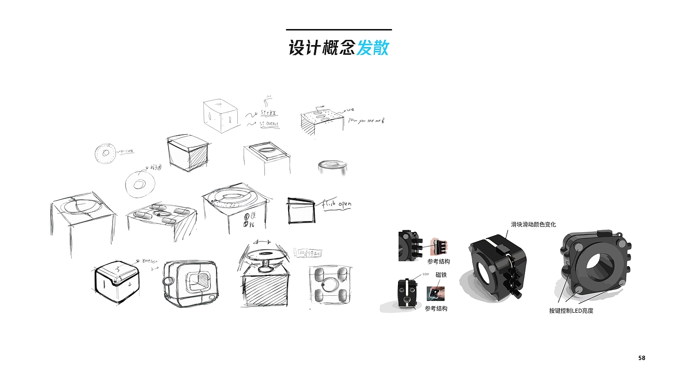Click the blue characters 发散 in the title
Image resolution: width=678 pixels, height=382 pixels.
tap(372, 48)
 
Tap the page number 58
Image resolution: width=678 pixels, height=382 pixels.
tap(642, 358)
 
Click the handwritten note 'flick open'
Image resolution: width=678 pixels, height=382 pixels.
tap(337, 205)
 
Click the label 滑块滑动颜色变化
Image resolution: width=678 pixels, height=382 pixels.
tap(533, 224)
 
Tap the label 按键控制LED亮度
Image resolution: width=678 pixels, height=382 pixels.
tap(571, 311)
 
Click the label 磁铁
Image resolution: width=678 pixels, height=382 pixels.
tap(441, 275)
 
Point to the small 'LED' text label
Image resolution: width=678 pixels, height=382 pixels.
tap(426, 274)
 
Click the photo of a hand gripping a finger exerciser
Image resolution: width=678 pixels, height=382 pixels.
tap(440, 247)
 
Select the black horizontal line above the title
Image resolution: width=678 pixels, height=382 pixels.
tap(339, 30)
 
